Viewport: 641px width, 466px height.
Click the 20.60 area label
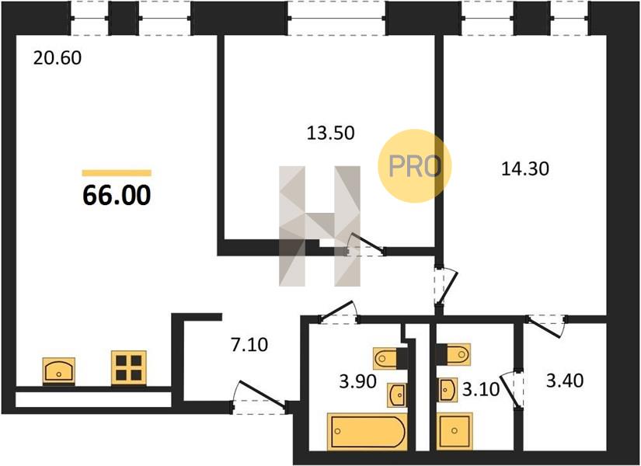pos(57,58)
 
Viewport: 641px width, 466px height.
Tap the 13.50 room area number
pos(330,134)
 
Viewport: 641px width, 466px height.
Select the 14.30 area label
pos(525,169)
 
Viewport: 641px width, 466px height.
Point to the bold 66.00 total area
pos(117,196)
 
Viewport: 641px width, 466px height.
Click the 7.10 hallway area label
pos(249,345)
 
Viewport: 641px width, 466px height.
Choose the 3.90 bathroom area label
pos(357,382)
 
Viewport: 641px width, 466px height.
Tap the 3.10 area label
pos(481,390)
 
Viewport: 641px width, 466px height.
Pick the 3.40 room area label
pos(565,381)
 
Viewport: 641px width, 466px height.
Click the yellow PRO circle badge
pos(414,165)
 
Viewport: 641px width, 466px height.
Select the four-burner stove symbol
pos(129,367)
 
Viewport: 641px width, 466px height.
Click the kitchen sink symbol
pos(59,371)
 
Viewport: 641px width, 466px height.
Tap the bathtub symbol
pos(368,432)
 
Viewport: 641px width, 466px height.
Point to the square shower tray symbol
pos(455,431)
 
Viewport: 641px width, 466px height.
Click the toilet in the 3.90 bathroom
pos(390,359)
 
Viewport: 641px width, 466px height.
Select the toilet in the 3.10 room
pos(453,354)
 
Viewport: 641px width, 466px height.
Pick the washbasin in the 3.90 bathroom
pos(397,395)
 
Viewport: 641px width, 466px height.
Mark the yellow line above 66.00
pos(117,173)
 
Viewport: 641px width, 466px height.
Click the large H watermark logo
pos(319,226)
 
